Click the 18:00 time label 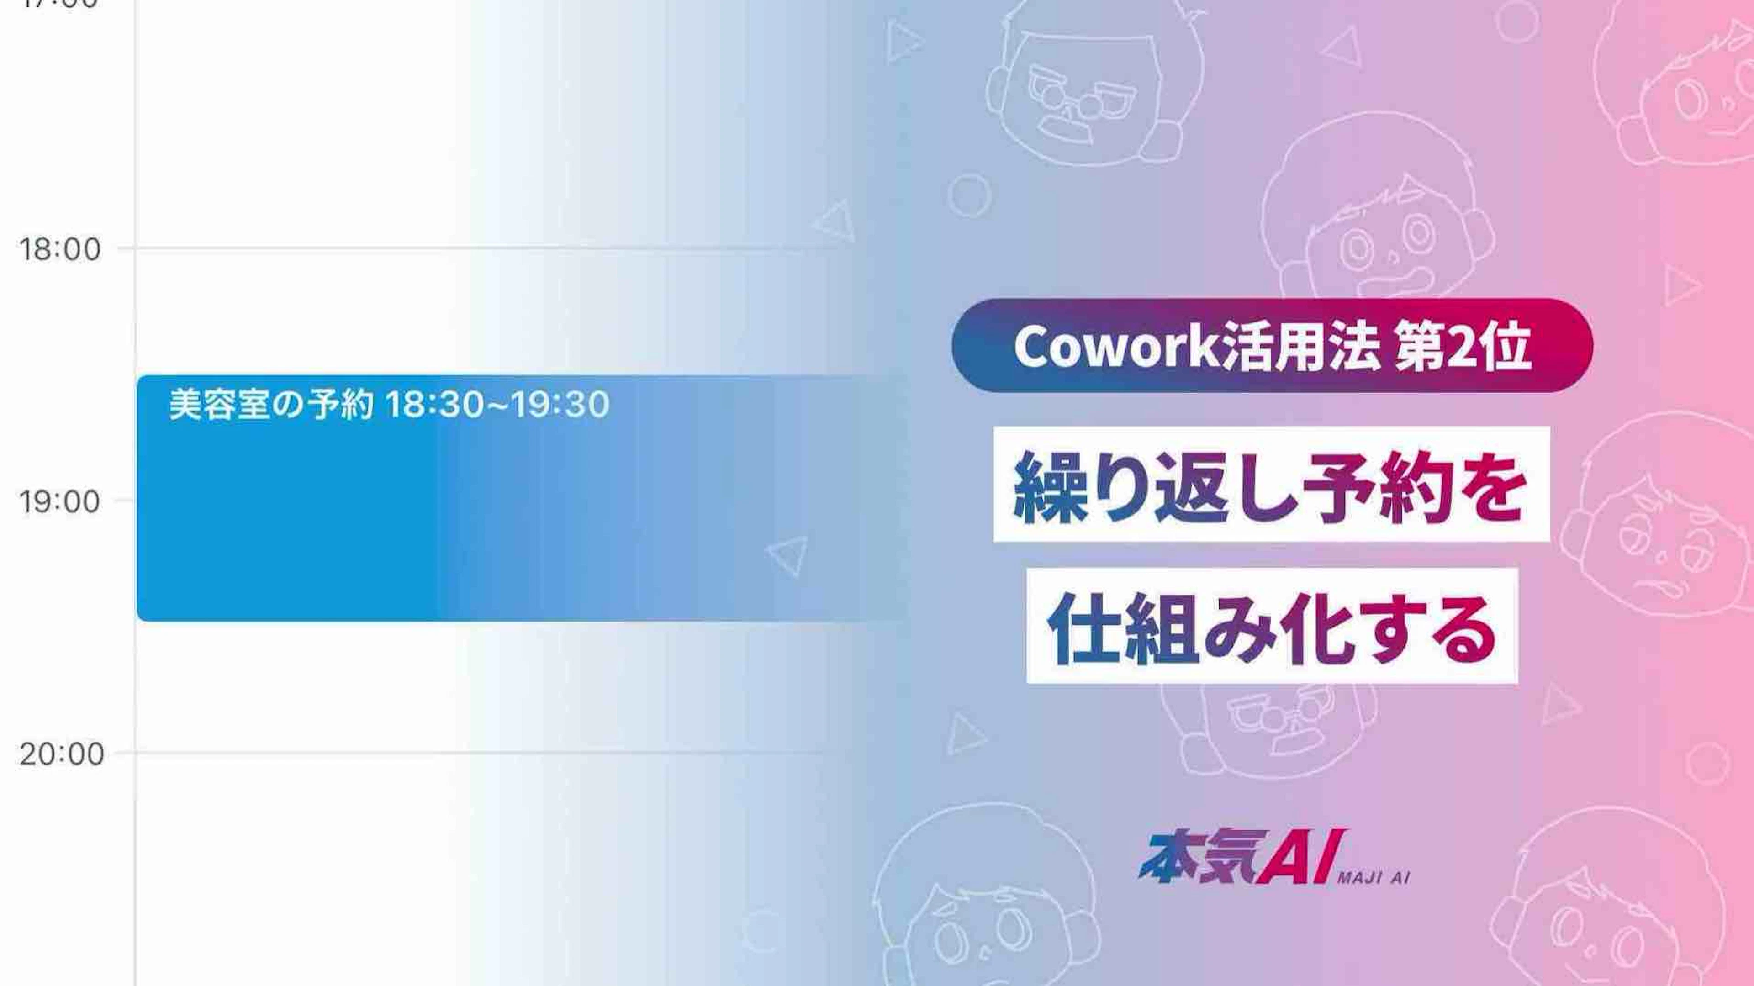[60, 249]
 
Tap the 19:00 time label [60, 502]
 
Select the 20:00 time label [61, 754]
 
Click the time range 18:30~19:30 [497, 405]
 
